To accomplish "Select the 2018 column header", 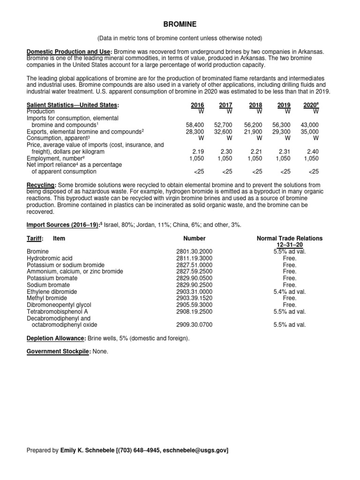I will click(256, 105).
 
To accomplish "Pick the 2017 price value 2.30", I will click(226, 152).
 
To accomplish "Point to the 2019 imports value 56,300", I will click(282, 125).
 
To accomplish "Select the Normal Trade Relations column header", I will click(289, 238).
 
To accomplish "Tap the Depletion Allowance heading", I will click(56, 338).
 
